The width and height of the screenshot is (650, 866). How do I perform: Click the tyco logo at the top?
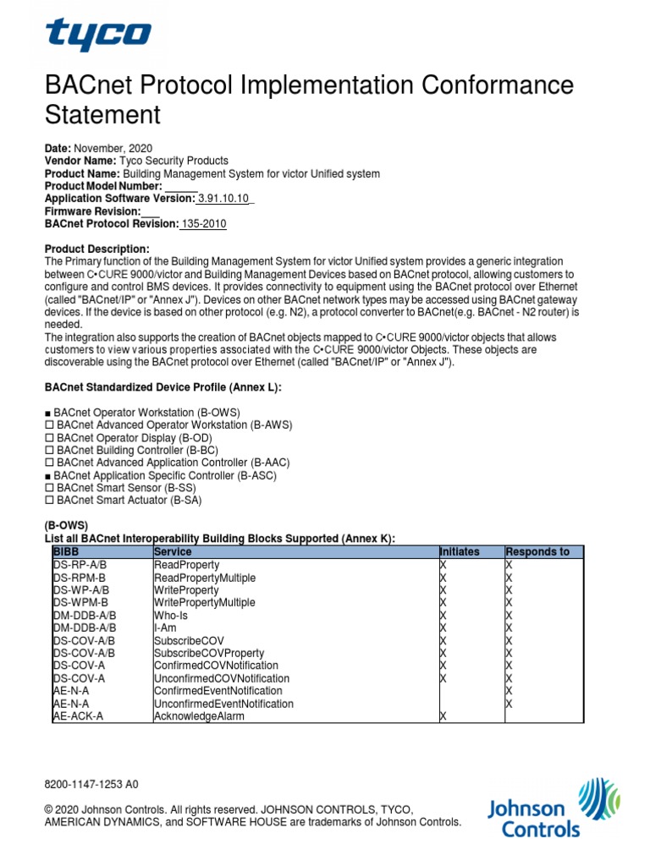(98, 36)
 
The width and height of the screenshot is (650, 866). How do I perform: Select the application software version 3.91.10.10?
(224, 199)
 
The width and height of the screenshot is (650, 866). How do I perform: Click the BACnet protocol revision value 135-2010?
(203, 224)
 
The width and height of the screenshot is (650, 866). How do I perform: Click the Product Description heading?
(96, 249)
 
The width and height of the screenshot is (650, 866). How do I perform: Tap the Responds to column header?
(537, 551)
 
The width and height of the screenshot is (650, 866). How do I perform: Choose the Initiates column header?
(460, 551)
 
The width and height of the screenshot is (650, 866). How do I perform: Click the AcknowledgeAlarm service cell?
(199, 716)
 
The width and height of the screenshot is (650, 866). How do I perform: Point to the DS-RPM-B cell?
(74, 577)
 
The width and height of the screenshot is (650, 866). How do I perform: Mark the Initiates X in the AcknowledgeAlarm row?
(443, 716)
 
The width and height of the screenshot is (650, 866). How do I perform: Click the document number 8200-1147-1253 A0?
(91, 785)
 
